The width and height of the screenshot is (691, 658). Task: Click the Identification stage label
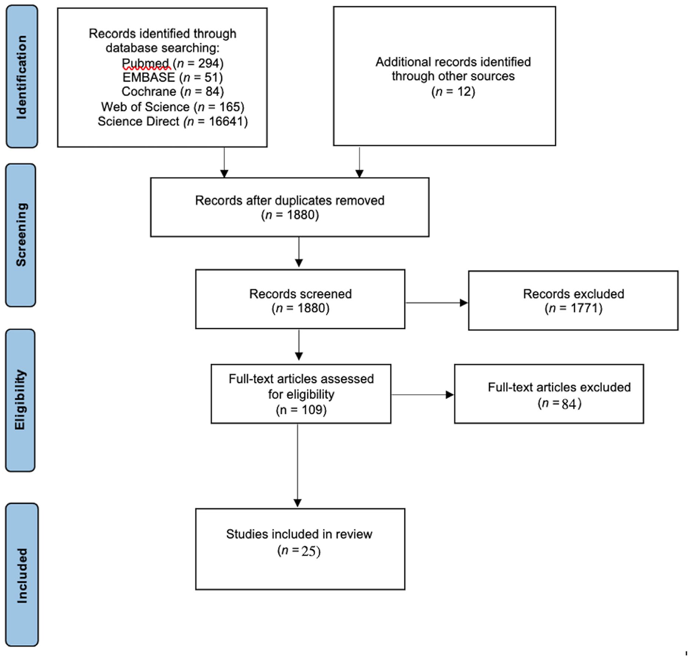[22, 77]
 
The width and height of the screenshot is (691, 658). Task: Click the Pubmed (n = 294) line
[173, 63]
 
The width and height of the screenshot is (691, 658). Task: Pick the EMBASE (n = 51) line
[173, 77]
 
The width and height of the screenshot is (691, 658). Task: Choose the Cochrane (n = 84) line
[173, 91]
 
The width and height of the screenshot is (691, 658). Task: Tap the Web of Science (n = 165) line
[173, 107]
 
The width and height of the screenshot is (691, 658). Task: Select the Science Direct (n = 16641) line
[173, 122]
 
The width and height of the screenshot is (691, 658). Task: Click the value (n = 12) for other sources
[453, 91]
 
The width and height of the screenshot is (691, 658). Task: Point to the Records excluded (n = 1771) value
[574, 308]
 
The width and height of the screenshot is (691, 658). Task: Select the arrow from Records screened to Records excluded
[436, 303]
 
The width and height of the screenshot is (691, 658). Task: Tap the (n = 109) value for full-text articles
[301, 410]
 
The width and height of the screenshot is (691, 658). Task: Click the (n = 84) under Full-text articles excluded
[559, 404]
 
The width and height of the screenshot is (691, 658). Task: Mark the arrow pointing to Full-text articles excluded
[422, 394]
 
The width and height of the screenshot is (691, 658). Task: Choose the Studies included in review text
[299, 534]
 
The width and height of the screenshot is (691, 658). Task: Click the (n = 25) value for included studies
[299, 551]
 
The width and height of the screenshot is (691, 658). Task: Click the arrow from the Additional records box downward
[359, 162]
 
